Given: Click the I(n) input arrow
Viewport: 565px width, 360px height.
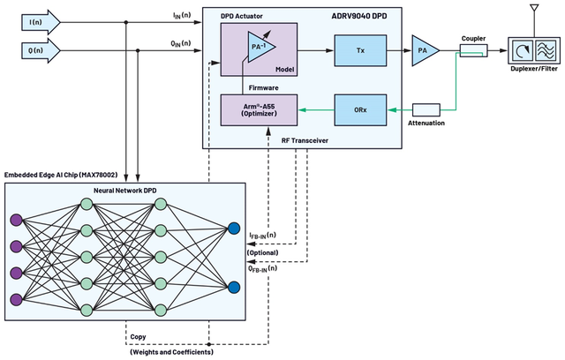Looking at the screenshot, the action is click(x=41, y=22).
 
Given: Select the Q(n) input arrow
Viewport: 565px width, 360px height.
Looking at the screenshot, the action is click(x=41, y=50).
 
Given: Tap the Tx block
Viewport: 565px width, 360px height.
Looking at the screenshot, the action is click(x=360, y=50).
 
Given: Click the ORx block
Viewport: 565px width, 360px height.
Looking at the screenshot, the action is click(x=360, y=109).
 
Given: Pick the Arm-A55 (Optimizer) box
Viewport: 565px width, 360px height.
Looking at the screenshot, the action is click(x=259, y=110).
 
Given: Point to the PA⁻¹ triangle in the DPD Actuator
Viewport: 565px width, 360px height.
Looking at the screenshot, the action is click(x=260, y=46).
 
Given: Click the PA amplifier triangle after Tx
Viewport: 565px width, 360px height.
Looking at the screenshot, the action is click(x=424, y=50).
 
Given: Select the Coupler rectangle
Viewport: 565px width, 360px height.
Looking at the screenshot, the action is click(x=473, y=50).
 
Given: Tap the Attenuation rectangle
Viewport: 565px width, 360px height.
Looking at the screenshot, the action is click(x=426, y=109).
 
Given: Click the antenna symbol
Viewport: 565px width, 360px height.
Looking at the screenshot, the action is click(x=534, y=8).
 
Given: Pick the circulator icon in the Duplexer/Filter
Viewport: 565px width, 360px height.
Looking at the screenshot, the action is click(x=522, y=50).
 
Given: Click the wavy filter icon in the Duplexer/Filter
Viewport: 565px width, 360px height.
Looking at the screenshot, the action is click(x=546, y=50).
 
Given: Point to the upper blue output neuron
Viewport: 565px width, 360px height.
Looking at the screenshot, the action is click(x=234, y=229).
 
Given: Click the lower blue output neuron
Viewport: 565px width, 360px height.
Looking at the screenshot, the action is click(x=234, y=288).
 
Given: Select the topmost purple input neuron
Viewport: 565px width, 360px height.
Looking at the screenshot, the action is click(x=16, y=220).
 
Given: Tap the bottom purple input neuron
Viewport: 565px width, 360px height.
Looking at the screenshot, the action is click(x=16, y=300).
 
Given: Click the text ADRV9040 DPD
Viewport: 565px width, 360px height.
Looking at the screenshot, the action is click(x=359, y=16).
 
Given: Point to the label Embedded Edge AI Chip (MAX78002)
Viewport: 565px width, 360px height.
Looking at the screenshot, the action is click(x=61, y=175).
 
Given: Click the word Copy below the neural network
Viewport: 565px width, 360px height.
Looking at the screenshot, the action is click(x=138, y=336).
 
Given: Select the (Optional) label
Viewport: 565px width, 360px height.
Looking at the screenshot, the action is click(x=263, y=252).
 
